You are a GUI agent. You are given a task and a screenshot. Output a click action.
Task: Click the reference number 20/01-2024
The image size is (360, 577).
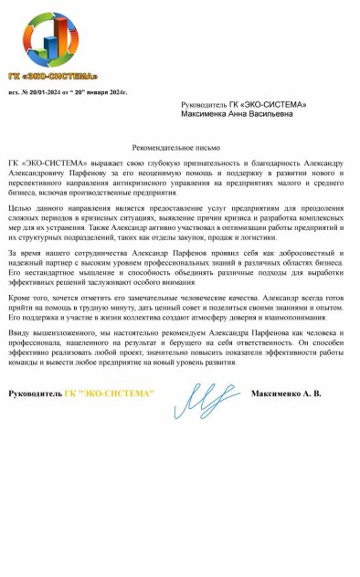click(x=52, y=92)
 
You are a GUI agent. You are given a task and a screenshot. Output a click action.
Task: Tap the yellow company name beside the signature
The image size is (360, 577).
click(x=117, y=418)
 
